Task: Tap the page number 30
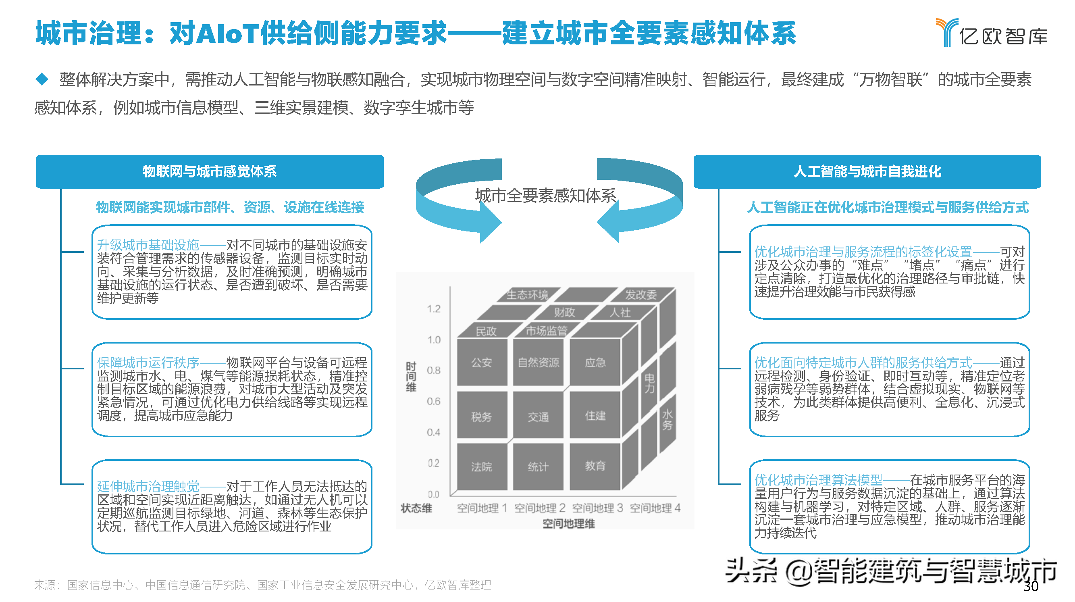point(1030,586)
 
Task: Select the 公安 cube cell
point(482,362)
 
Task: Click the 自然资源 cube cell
point(538,362)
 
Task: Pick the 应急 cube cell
point(595,362)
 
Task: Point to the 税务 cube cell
point(482,416)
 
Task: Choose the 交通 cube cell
point(538,416)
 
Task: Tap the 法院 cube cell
point(482,467)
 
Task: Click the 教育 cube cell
point(595,465)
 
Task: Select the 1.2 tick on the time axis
point(434,309)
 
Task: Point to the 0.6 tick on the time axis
point(434,401)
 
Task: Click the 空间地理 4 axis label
point(655,508)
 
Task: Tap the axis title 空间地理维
point(568,523)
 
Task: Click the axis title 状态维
point(416,508)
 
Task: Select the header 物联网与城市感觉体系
point(210,172)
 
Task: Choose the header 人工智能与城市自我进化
point(867,172)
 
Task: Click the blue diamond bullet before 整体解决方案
point(42,79)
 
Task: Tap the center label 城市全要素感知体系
point(545,196)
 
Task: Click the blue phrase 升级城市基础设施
point(148,245)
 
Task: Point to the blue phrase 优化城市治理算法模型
point(818,480)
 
